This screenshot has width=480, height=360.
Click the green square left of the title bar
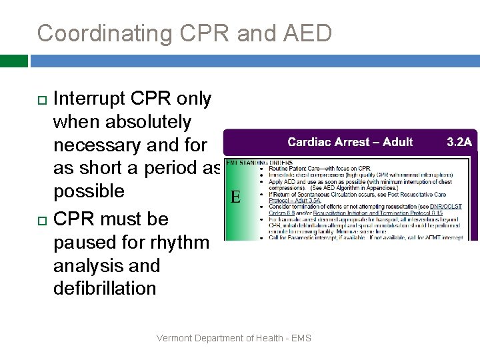click(x=14, y=61)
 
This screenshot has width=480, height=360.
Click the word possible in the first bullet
click(x=89, y=191)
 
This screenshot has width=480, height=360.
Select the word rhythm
click(x=179, y=242)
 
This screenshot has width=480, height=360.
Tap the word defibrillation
click(x=105, y=288)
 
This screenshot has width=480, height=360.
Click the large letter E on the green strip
click(x=235, y=197)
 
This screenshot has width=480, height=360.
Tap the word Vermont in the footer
click(x=175, y=338)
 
